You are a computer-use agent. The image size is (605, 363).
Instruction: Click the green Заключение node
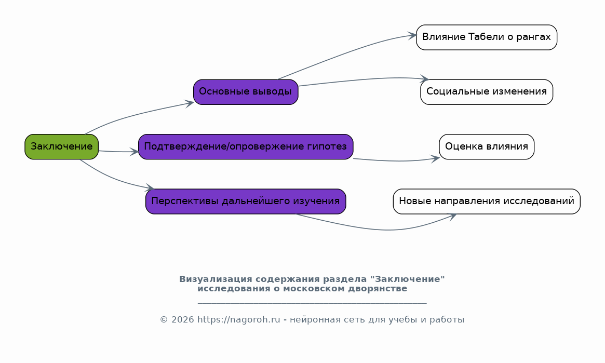(x=62, y=146)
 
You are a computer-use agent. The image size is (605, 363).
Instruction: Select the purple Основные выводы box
(x=246, y=92)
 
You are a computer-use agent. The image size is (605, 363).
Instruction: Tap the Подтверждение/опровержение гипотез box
(x=246, y=146)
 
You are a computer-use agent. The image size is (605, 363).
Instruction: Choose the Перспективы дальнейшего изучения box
(x=246, y=201)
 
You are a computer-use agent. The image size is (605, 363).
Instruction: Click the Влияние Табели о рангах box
(x=487, y=37)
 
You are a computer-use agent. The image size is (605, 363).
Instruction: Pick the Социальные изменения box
(x=487, y=92)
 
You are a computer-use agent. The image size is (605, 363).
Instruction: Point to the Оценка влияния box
(x=487, y=146)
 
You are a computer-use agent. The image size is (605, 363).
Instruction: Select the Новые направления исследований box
(x=487, y=201)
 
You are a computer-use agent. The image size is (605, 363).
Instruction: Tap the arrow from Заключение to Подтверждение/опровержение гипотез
(x=118, y=152)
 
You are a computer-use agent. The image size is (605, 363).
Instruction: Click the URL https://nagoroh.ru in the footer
(x=239, y=320)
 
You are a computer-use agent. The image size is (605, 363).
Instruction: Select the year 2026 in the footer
(x=182, y=320)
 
